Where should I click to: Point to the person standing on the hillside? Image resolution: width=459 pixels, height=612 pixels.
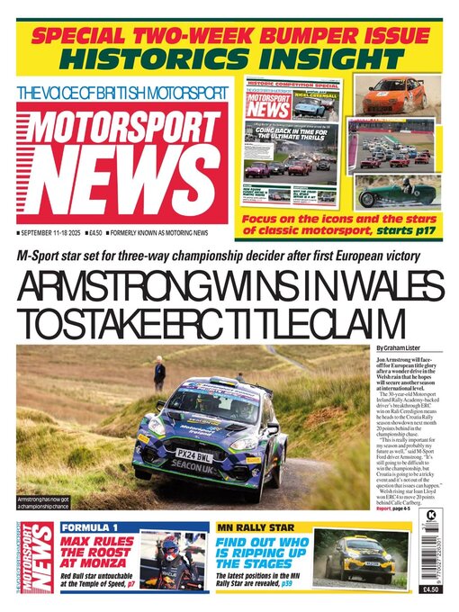[x=159, y=373]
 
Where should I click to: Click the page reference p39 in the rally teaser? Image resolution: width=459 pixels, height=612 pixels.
[x=285, y=596]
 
